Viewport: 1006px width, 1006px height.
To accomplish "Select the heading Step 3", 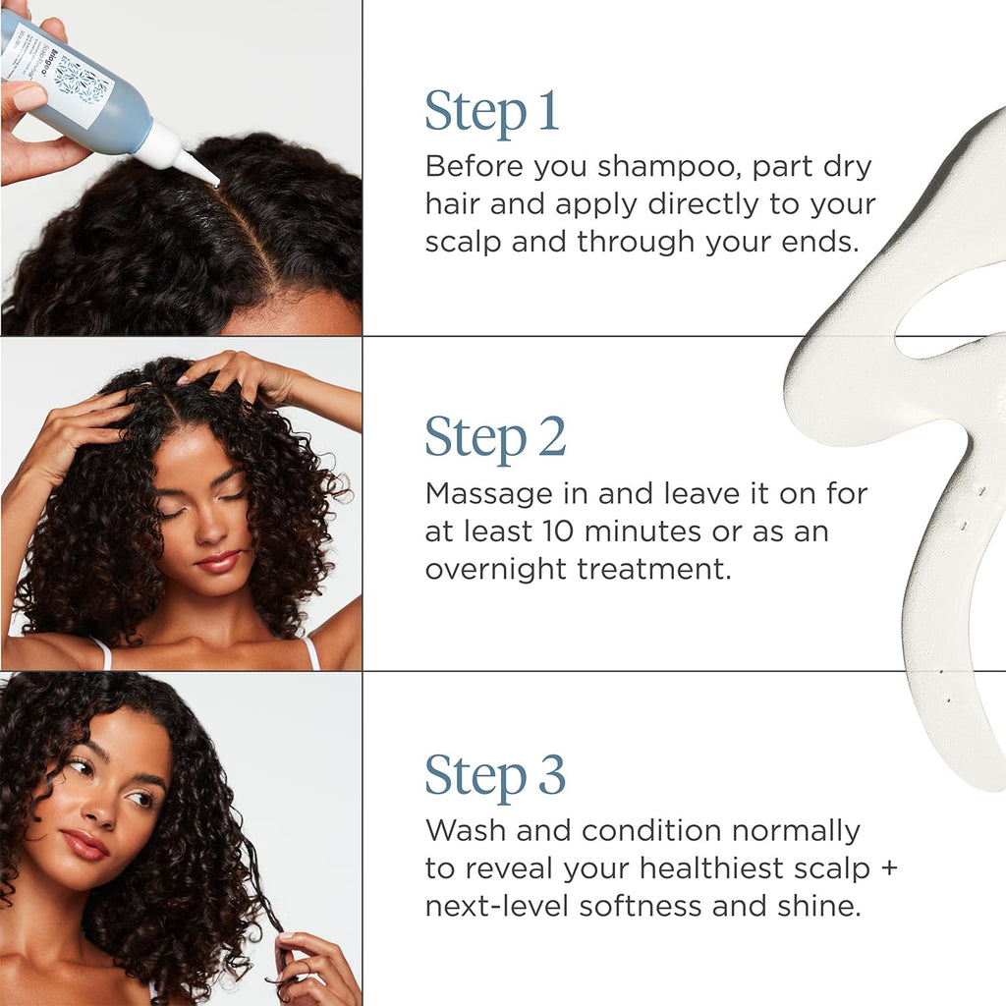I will pos(495,775).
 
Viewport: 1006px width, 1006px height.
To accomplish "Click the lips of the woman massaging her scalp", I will pos(218,562).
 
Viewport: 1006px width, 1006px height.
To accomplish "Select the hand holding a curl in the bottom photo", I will pos(314,968).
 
